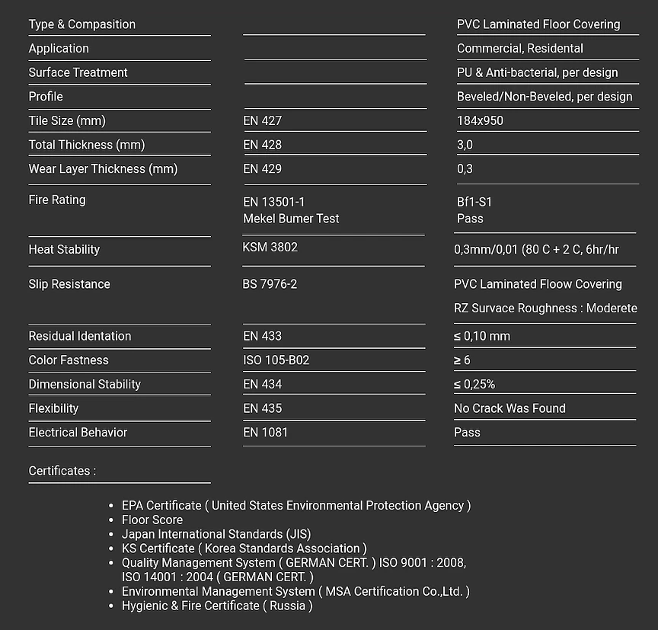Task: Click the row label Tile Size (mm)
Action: [x=67, y=120]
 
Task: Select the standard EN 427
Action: [x=262, y=120]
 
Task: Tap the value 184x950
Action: [x=480, y=120]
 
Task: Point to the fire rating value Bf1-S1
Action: [x=474, y=202]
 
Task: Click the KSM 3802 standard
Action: [x=270, y=247]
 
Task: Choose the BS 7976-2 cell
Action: [x=270, y=284]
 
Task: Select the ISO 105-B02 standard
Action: [x=276, y=360]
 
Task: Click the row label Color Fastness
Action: [x=69, y=360]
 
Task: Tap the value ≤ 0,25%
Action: [x=474, y=384]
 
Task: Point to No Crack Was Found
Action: [x=509, y=408]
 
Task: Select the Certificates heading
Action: [x=62, y=471]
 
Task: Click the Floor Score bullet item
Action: [x=152, y=520]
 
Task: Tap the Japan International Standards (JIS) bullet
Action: [x=216, y=534]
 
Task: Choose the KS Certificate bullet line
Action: [x=244, y=548]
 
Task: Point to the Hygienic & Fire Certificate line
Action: [x=217, y=606]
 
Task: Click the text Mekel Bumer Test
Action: [x=291, y=219]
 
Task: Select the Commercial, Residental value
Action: [x=520, y=48]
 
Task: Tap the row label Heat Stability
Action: [x=64, y=249]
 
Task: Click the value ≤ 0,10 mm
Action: [x=482, y=336]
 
